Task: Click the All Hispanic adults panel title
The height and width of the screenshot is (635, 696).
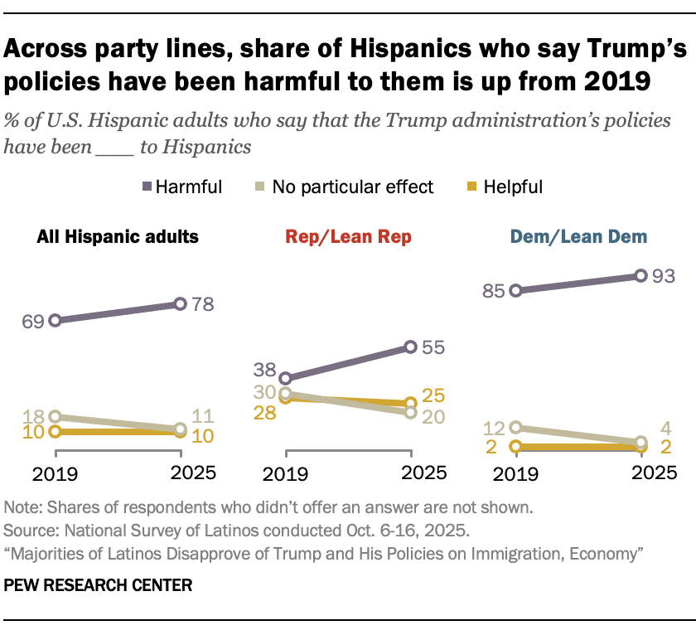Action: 118,237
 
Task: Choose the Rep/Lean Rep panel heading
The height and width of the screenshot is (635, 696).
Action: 348,237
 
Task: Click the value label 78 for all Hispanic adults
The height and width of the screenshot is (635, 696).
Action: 203,304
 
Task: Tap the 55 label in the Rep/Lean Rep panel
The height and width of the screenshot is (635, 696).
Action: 433,347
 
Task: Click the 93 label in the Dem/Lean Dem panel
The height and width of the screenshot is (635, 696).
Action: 663,275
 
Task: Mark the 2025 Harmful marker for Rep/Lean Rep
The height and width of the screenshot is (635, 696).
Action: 410,347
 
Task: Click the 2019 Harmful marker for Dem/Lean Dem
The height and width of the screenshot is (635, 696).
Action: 515,291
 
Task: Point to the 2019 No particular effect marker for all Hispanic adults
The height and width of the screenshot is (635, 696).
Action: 55,417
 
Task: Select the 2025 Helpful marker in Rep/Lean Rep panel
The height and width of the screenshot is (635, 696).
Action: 410,403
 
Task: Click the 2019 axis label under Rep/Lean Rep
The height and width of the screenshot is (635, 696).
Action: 285,475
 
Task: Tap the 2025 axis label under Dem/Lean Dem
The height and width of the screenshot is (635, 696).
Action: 641,475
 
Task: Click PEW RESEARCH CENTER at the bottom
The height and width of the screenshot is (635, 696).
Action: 99,585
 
